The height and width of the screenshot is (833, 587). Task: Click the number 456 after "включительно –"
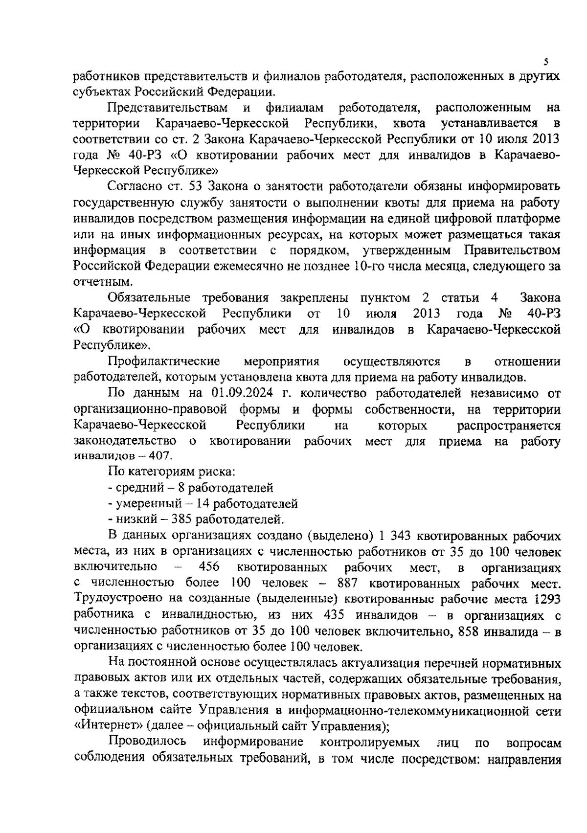click(209, 567)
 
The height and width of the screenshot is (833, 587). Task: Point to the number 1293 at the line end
click(547, 599)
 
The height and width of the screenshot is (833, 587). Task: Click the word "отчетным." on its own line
click(96, 282)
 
